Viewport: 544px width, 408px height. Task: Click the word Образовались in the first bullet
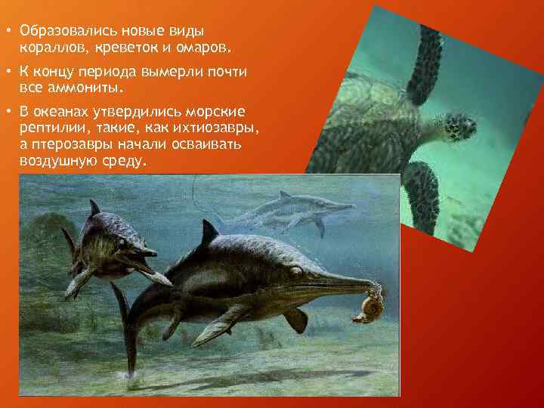pos(62,31)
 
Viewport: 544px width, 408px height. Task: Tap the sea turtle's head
pos(457,126)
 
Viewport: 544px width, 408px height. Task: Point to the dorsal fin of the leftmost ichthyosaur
pos(94,207)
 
